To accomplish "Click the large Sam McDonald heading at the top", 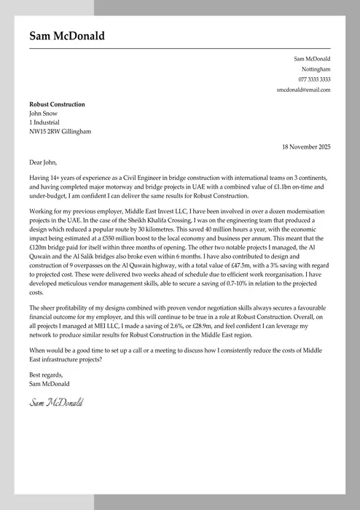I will coord(67,36).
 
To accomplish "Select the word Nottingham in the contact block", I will coord(316,68).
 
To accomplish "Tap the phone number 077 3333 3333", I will coord(314,79).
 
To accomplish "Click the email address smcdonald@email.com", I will coord(303,89).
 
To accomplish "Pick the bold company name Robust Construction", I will coord(57,104).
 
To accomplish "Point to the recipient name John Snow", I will coord(43,113).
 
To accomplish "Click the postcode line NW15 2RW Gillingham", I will coord(60,131).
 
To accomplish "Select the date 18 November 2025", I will coord(306,146).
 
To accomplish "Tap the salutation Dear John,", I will coord(42,162).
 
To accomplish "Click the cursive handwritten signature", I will coord(56,401).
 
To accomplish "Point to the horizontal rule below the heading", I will coord(180,47).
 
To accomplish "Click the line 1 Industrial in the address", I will coord(44,122).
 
